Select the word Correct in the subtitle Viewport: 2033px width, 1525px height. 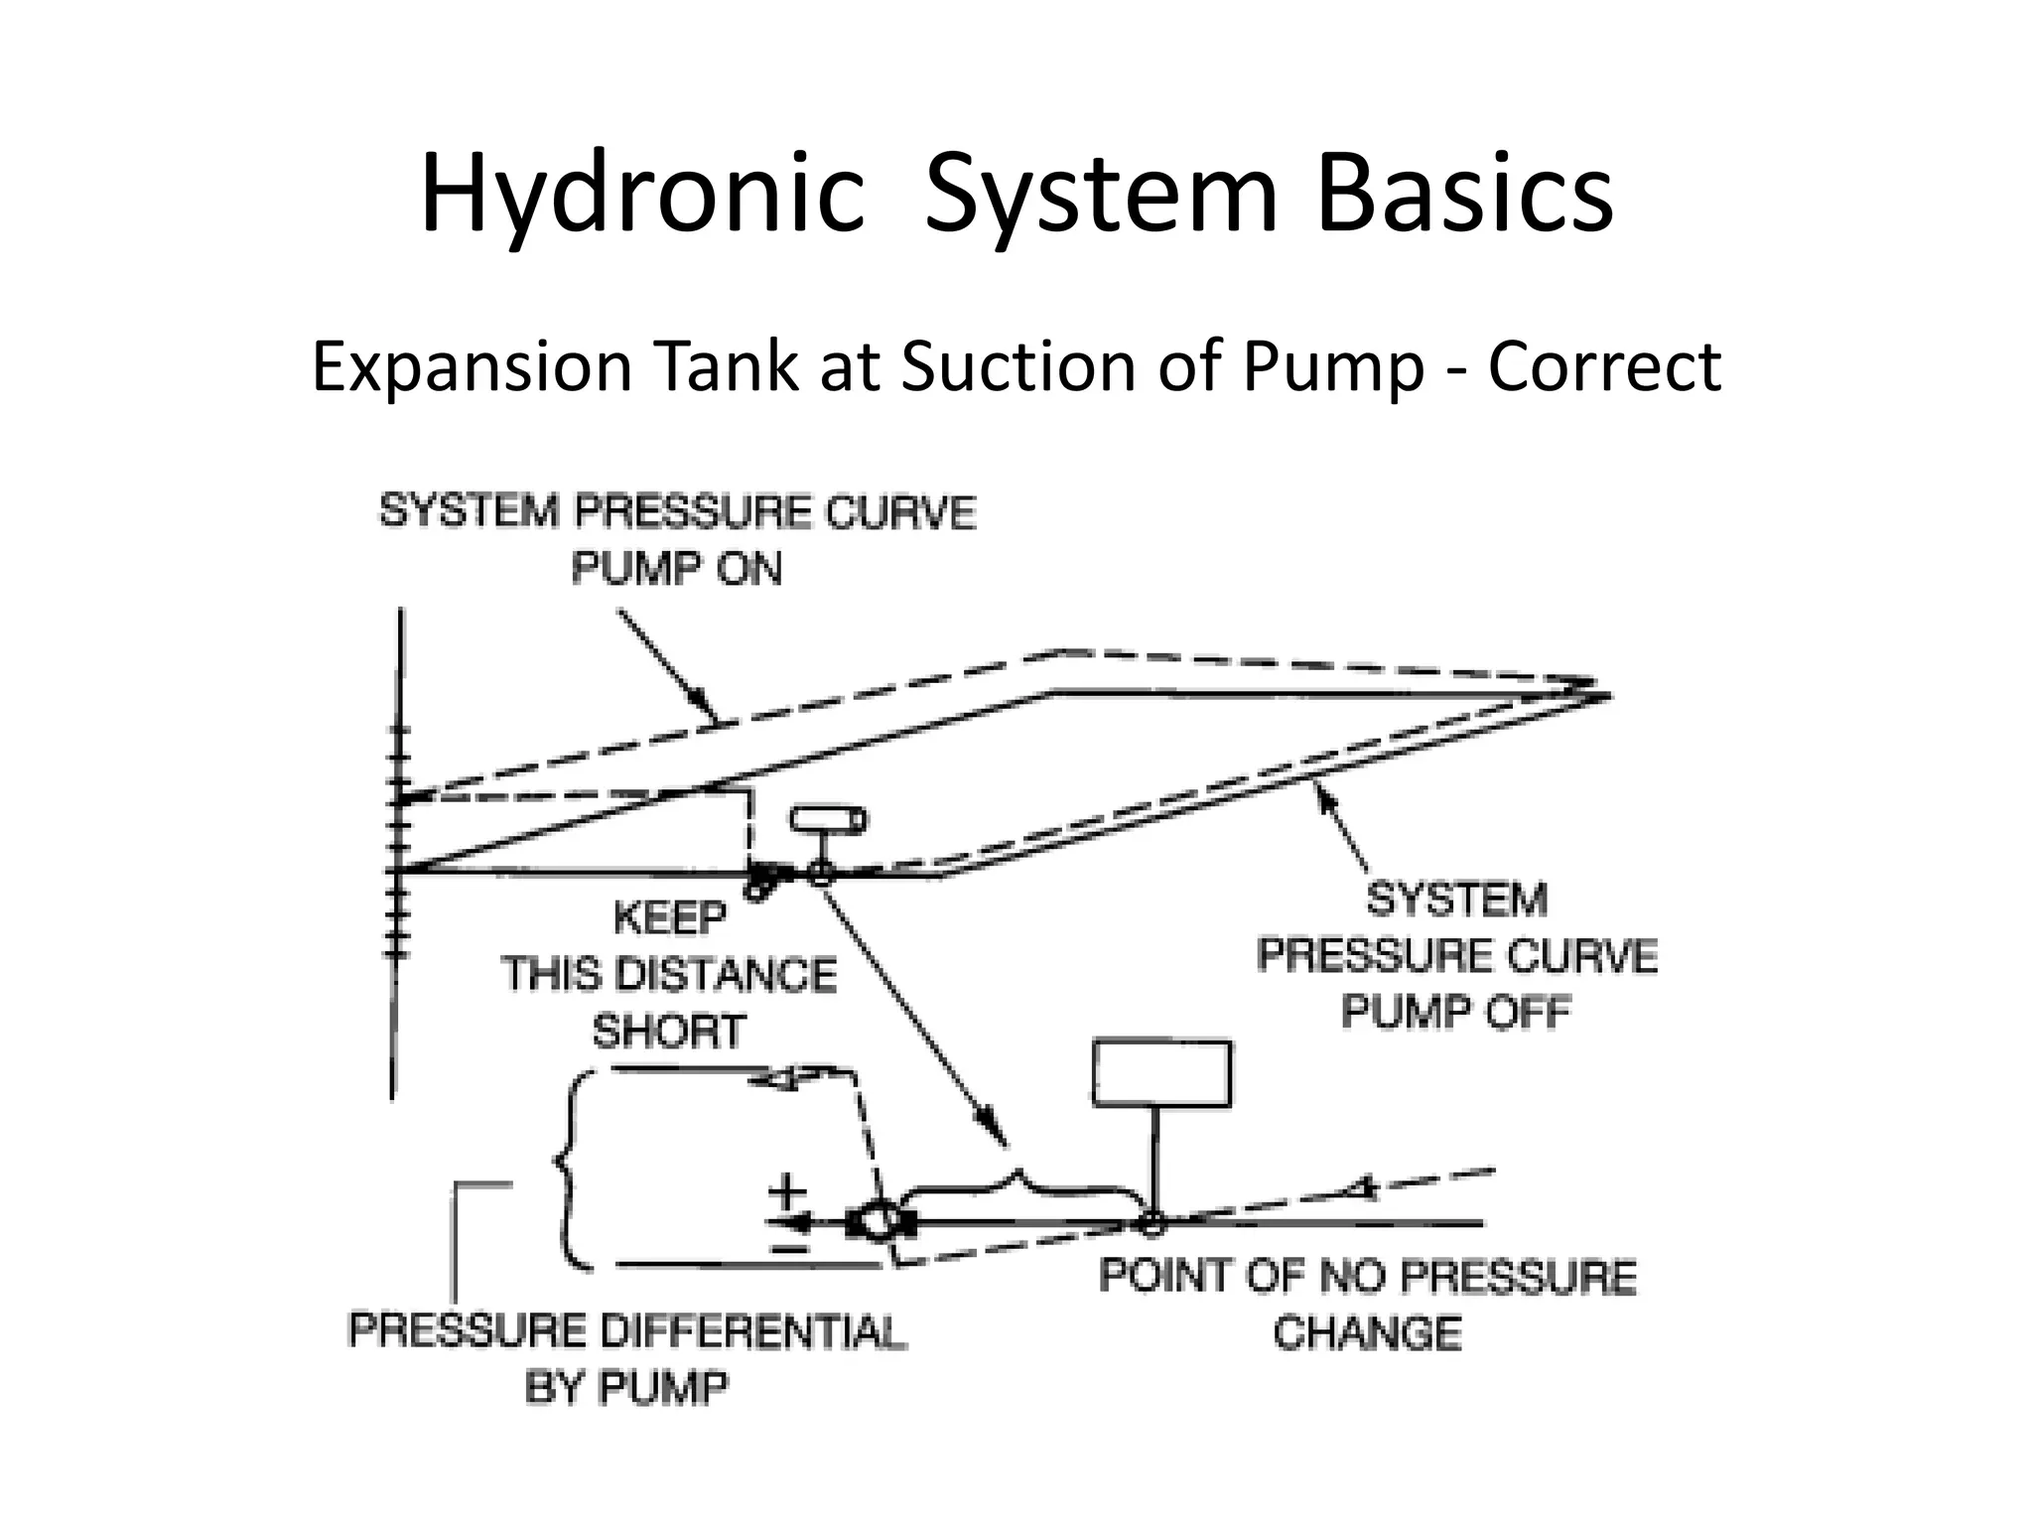tap(1604, 366)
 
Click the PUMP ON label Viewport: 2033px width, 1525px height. tap(677, 569)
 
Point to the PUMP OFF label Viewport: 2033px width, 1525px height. tap(1456, 1013)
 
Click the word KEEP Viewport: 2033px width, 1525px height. tap(670, 917)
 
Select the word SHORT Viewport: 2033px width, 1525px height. tap(668, 1033)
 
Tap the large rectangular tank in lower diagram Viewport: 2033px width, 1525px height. tap(1161, 1073)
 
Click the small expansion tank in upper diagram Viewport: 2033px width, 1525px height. tap(827, 821)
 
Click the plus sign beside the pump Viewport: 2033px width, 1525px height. tap(788, 1190)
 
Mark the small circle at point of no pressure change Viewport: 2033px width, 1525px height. tap(1152, 1223)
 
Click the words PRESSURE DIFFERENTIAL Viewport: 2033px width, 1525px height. tap(627, 1331)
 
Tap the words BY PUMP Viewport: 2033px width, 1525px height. tap(625, 1388)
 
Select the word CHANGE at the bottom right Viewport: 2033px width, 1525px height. tap(1367, 1333)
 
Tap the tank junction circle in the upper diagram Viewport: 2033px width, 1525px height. tap(820, 874)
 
